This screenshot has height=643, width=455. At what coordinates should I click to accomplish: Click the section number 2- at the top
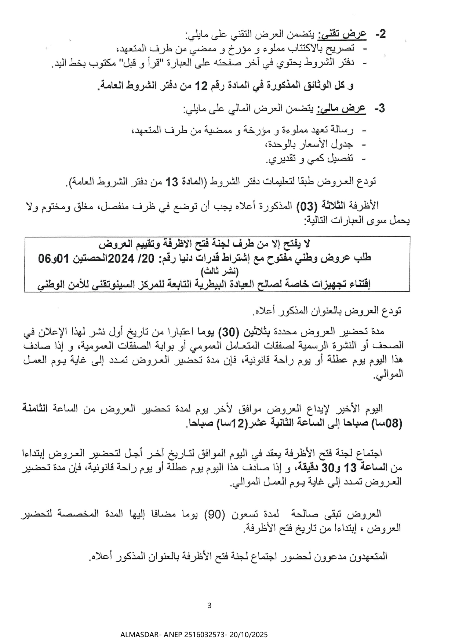pos(380,34)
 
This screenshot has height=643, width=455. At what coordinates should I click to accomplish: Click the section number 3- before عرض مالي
pos(379,109)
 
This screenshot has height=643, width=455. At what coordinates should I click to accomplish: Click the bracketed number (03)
pos(304,206)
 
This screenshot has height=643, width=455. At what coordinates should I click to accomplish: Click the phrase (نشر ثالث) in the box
pos(219,272)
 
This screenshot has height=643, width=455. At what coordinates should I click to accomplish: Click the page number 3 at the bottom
pos(210,606)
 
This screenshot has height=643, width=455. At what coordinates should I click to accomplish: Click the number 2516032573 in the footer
pos(200,635)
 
